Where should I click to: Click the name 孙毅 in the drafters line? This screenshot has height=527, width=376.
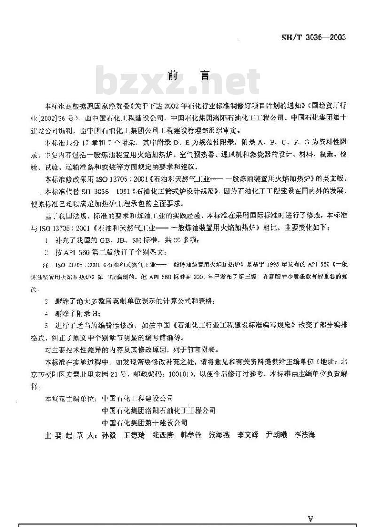click(108, 435)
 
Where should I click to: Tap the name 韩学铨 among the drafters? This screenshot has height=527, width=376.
click(191, 435)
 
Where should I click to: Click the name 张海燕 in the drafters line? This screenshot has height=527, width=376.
click(219, 435)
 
